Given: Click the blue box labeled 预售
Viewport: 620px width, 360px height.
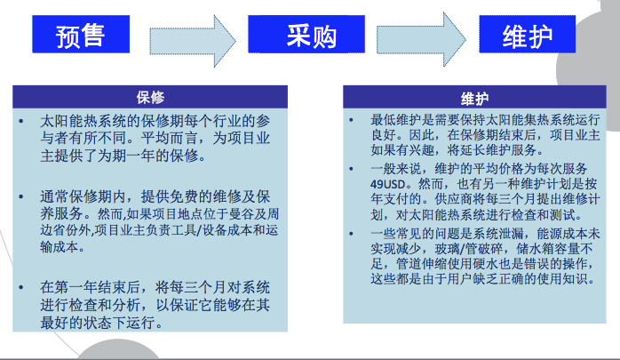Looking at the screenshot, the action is pos(81,34).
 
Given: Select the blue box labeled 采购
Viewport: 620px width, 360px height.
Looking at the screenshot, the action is pos(306,34).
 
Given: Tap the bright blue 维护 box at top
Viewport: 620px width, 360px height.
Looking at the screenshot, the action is pos(527,34).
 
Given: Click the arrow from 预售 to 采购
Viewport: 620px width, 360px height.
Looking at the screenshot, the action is pos(193,41).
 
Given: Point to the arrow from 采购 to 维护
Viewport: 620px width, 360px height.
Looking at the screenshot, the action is pos(421,40).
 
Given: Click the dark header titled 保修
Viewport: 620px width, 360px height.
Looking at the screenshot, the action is pos(150,97).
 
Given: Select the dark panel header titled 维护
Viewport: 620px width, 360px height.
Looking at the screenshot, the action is pos(474,97).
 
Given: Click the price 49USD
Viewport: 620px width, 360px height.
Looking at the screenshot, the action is pos(387,184).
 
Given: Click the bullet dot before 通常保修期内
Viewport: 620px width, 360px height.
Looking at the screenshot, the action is pos(21,196).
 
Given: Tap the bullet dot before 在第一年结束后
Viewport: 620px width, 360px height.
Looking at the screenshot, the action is pos(21,287).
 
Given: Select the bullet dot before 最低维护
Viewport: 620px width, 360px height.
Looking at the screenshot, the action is pos(351,119).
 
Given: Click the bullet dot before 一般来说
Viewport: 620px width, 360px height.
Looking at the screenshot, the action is pos(351,169).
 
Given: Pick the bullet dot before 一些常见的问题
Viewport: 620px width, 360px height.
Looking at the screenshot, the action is pos(351,234).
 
